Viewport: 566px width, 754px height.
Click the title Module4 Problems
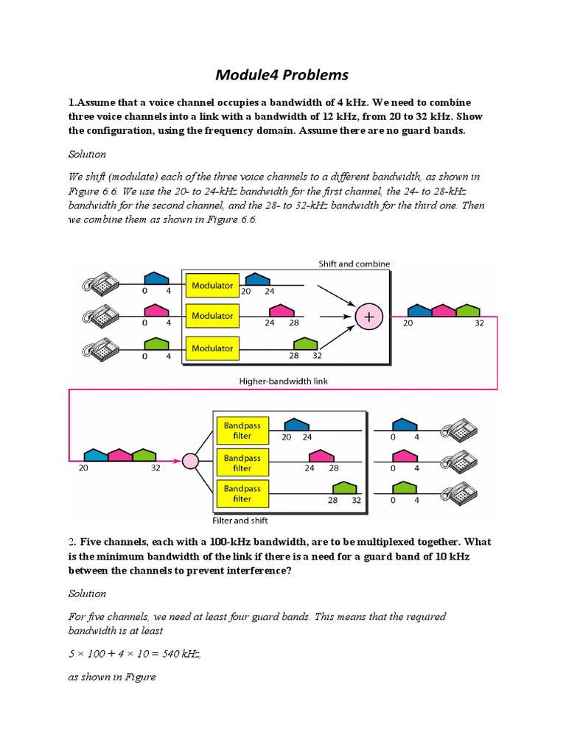[x=282, y=75]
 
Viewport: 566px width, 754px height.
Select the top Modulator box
[x=212, y=285]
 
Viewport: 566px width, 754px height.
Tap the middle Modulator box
[x=212, y=316]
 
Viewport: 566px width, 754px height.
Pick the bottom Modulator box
[x=212, y=348]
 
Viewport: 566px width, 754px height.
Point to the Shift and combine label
[x=354, y=264]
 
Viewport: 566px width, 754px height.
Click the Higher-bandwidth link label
[x=284, y=381]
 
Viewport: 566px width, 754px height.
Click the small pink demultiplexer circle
[x=191, y=462]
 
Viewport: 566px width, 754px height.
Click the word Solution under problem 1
[x=87, y=154]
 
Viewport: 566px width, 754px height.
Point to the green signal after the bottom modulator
[x=305, y=344]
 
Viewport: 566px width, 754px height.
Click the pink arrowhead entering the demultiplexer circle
[x=177, y=462]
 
